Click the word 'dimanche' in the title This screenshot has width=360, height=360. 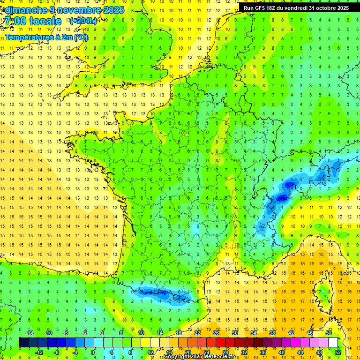[x=24, y=10]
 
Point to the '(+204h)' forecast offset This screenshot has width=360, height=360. [x=83, y=21]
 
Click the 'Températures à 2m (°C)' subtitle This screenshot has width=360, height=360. [x=46, y=37]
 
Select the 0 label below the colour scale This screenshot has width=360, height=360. [x=93, y=352]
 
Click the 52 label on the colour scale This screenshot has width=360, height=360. [x=338, y=352]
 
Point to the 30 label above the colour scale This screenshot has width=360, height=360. [x=234, y=333]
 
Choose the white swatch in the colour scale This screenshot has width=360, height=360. [x=333, y=342]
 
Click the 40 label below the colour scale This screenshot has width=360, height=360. [x=281, y=352]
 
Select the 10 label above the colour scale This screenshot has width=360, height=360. [x=141, y=333]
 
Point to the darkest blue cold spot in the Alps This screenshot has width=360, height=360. [x=281, y=197]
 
